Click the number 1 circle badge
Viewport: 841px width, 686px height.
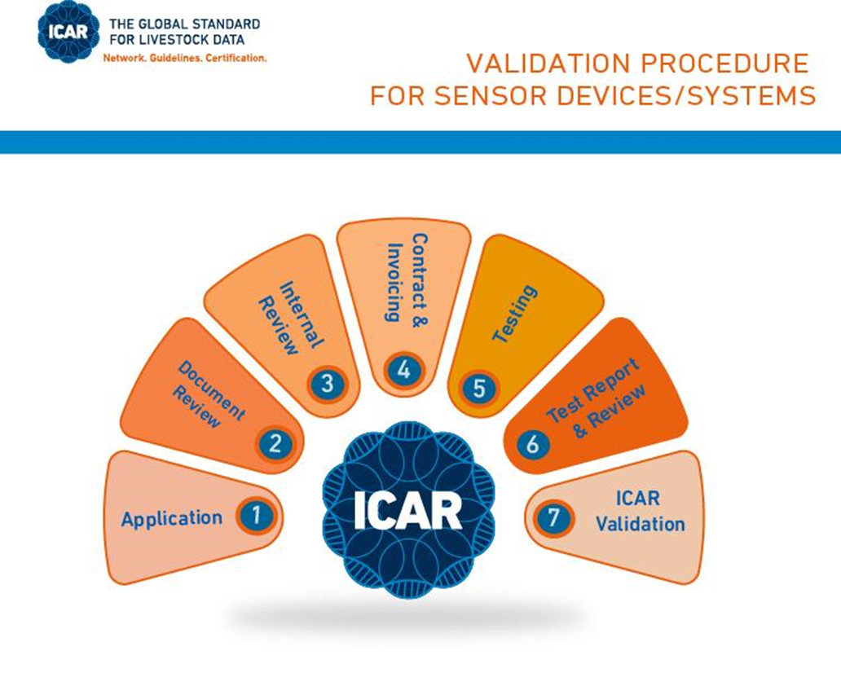[256, 516]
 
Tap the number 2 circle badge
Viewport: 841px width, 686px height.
[275, 444]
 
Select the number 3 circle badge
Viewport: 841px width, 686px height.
[327, 384]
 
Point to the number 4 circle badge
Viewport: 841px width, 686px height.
[404, 370]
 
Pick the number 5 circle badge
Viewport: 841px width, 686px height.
[479, 388]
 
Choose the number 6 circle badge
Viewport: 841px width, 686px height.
[533, 444]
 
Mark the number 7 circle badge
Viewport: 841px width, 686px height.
[553, 517]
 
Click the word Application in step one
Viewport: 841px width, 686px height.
[172, 519]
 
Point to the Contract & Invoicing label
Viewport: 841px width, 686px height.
[407, 278]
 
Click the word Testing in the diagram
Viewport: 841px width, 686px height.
[514, 314]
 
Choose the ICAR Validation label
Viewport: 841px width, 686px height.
[640, 511]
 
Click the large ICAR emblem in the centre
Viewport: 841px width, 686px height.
[408, 510]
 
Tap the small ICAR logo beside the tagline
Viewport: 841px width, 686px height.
[68, 32]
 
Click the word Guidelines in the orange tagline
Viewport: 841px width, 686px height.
[174, 58]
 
